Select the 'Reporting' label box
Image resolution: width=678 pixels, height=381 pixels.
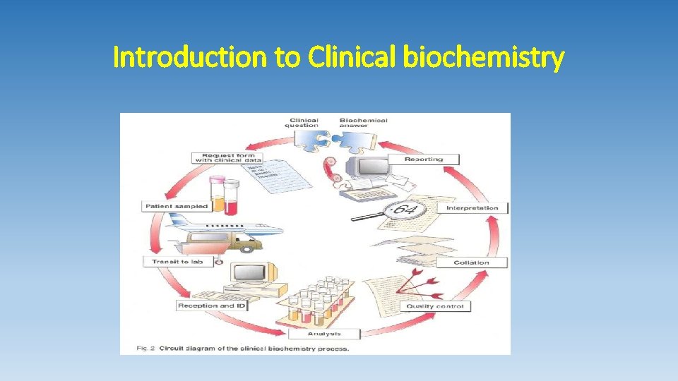(x=424, y=159)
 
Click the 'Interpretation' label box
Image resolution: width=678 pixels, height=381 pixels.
(x=472, y=208)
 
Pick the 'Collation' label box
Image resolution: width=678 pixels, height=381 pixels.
(x=471, y=262)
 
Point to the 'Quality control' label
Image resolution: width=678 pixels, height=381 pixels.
(x=434, y=306)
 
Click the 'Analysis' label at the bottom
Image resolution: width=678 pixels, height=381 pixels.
(x=324, y=334)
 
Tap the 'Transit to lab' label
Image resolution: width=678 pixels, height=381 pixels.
(x=177, y=262)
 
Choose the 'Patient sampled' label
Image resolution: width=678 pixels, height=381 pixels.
(x=177, y=206)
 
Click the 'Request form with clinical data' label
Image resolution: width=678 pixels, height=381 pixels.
(x=228, y=158)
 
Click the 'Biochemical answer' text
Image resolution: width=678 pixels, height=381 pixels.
(x=363, y=123)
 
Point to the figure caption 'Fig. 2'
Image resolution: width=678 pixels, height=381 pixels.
(x=146, y=348)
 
